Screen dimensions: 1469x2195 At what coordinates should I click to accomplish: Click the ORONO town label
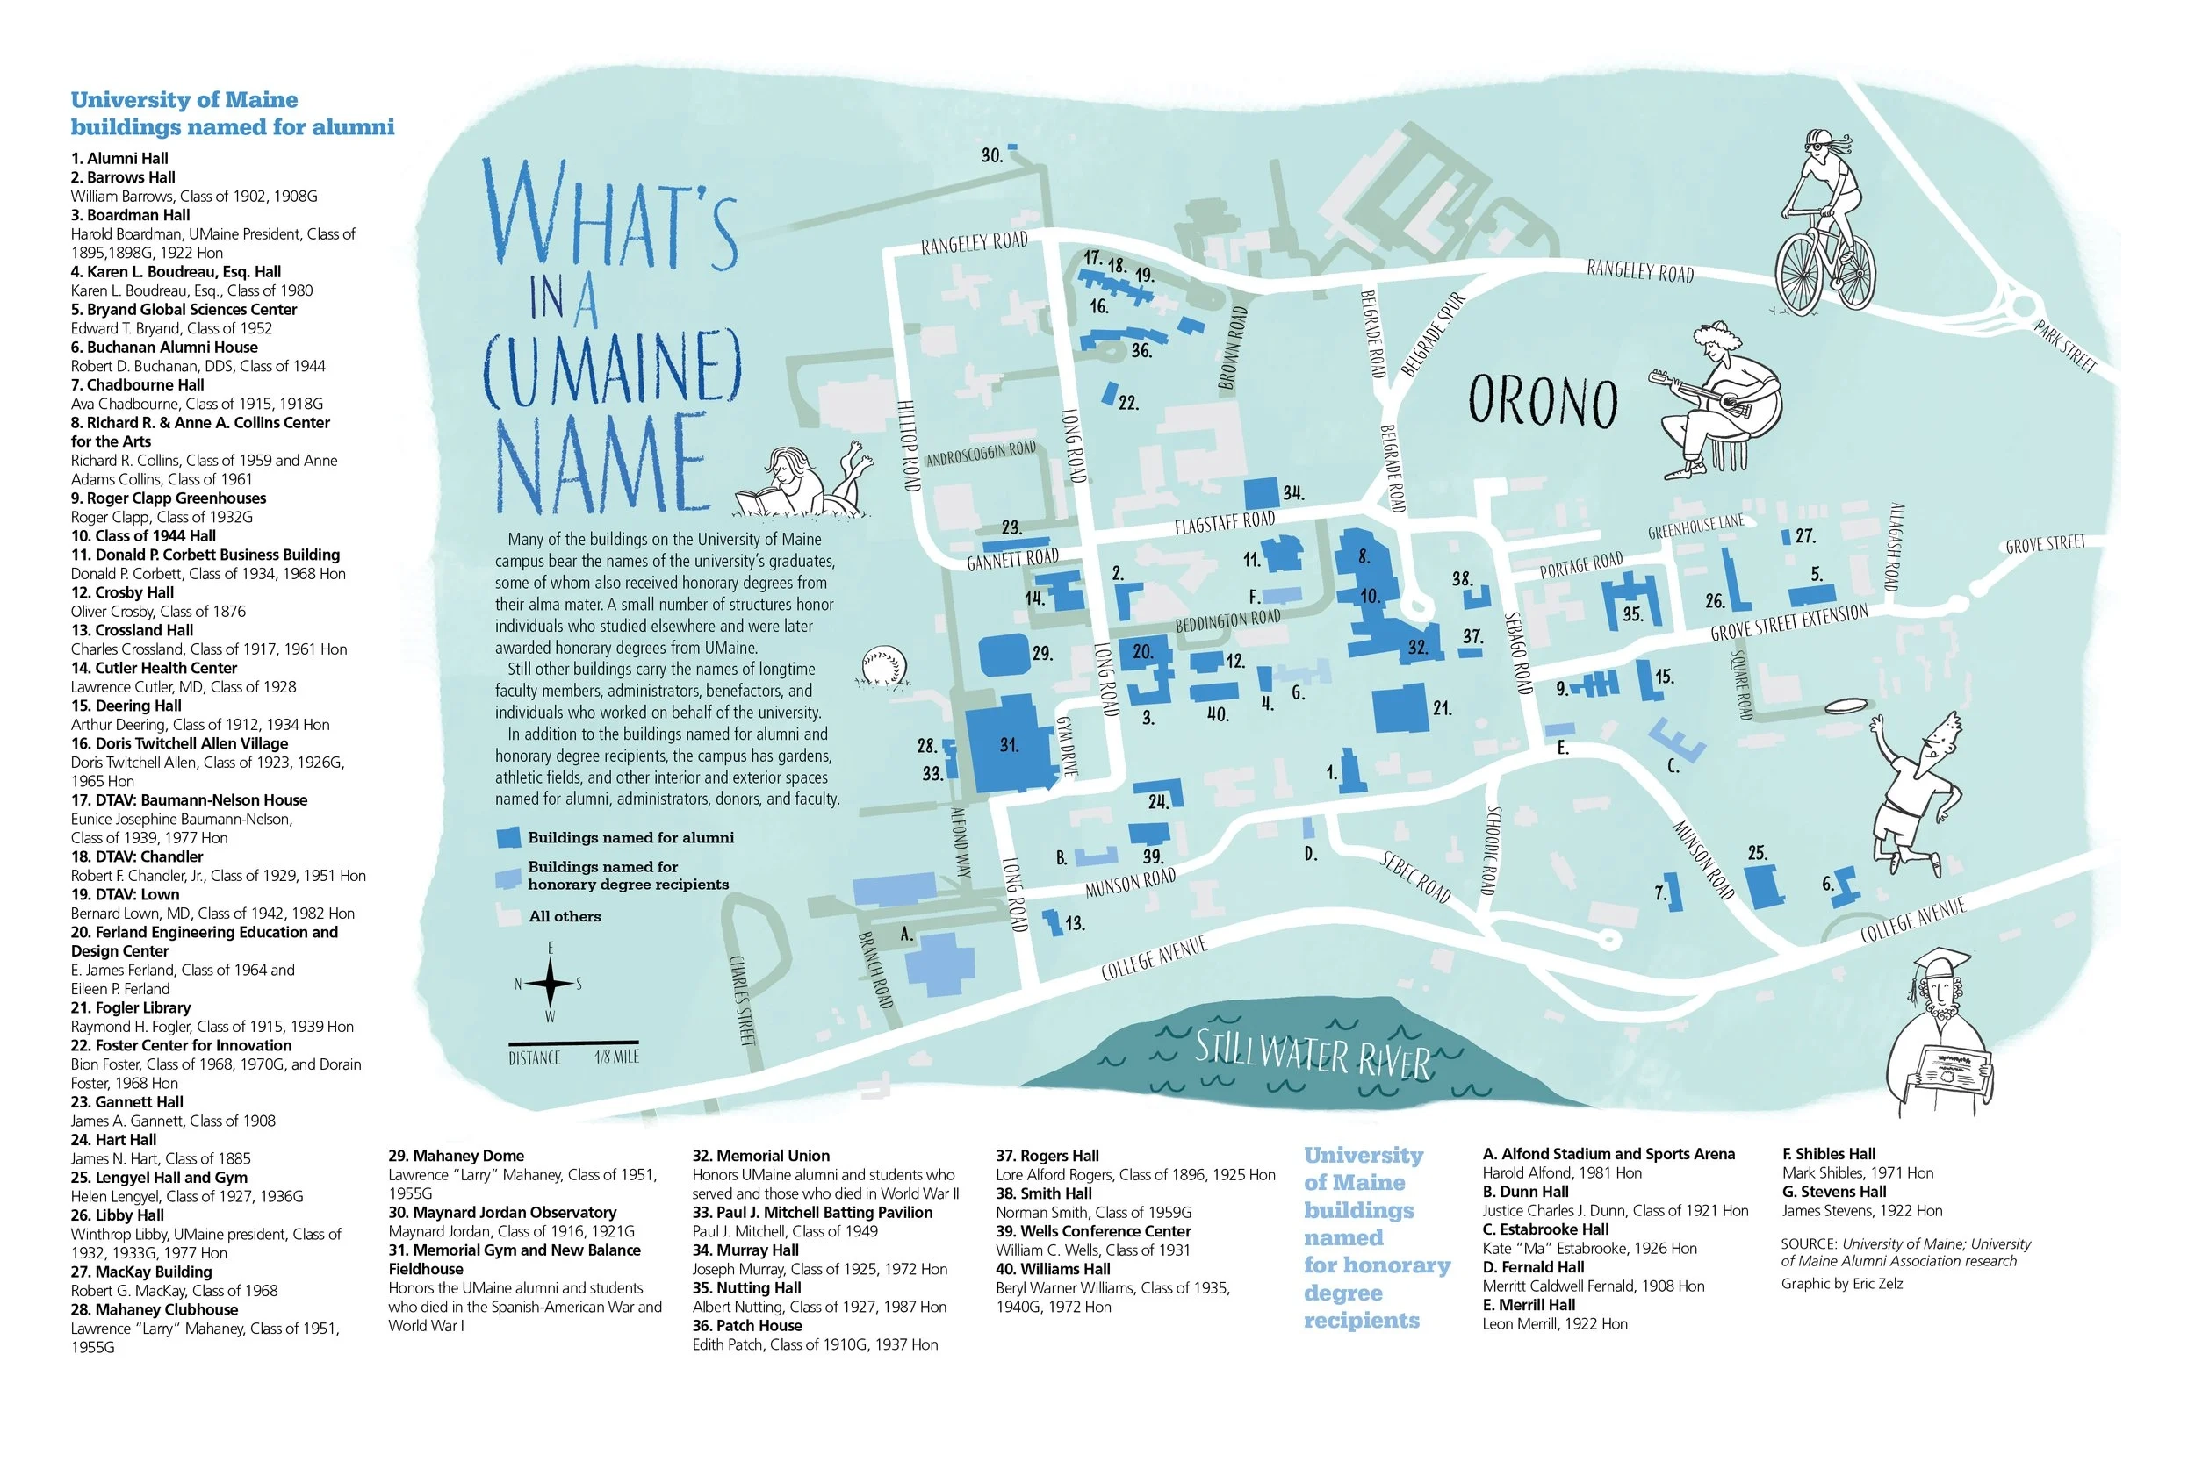click(1542, 402)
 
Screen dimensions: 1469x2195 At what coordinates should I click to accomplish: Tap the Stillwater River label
click(1312, 1053)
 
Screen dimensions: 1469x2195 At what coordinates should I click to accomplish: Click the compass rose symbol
click(551, 984)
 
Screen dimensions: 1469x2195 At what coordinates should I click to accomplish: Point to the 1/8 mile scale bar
click(573, 1042)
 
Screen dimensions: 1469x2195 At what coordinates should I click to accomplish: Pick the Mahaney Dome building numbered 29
click(1004, 654)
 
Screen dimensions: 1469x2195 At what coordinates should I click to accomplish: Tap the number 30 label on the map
click(991, 155)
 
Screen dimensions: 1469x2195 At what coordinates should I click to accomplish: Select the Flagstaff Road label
click(1224, 522)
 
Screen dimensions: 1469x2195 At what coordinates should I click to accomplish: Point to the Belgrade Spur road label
click(1432, 334)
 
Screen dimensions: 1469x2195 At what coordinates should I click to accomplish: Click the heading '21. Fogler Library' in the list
click(130, 1008)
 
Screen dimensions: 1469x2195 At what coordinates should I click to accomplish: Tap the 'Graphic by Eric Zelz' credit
click(1842, 1284)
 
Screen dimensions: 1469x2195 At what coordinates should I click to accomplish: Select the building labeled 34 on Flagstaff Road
click(1261, 494)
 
